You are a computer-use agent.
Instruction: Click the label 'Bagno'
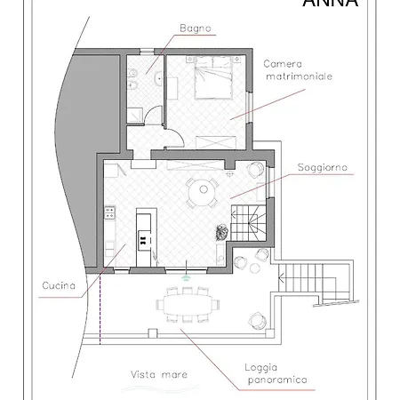click(x=196, y=28)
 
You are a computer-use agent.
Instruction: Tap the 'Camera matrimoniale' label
click(x=298, y=70)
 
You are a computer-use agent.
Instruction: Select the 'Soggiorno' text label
click(x=323, y=167)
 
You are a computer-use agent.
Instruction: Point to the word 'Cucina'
click(x=64, y=285)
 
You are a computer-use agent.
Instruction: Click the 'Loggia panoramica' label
click(x=276, y=373)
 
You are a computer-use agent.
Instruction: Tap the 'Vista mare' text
click(x=159, y=374)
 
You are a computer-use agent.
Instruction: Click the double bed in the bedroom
click(x=213, y=82)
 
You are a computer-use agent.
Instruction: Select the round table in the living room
click(x=204, y=189)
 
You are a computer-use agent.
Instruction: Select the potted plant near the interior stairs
click(x=219, y=231)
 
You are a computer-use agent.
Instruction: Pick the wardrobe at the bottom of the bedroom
click(x=214, y=140)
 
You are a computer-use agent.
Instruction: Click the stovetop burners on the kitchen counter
click(x=110, y=213)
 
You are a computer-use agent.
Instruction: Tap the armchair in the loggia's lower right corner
click(x=258, y=317)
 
